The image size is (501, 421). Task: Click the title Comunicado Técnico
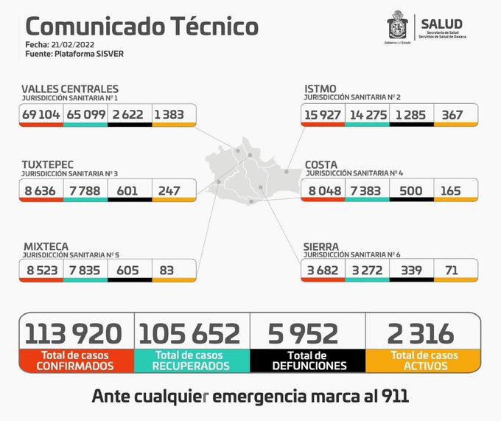pyautogui.click(x=142, y=27)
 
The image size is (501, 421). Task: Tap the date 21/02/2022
pyautogui.click(x=76, y=46)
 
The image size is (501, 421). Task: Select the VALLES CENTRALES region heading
pyautogui.click(x=70, y=88)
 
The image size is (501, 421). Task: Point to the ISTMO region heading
pyautogui.click(x=320, y=88)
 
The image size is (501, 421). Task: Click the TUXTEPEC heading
pyautogui.click(x=48, y=164)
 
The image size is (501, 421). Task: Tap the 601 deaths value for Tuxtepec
pyautogui.click(x=130, y=190)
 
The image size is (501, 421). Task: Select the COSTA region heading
pyautogui.click(x=321, y=164)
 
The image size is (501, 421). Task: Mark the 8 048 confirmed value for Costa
pyautogui.click(x=323, y=190)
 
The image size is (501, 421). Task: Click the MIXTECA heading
pyautogui.click(x=46, y=246)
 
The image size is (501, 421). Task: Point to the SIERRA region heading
pyautogui.click(x=322, y=246)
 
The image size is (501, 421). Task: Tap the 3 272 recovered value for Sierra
pyautogui.click(x=367, y=270)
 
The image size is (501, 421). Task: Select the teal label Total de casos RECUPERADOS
pyautogui.click(x=192, y=360)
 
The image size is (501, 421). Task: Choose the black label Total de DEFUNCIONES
pyautogui.click(x=307, y=360)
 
